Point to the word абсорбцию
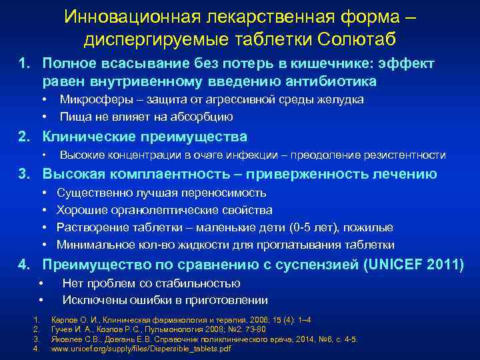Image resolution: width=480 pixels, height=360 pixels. [201, 117]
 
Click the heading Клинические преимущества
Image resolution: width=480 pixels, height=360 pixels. [145, 137]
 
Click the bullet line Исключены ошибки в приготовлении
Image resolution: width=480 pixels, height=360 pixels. [165, 300]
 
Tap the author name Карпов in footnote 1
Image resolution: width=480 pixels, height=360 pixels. [63, 320]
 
